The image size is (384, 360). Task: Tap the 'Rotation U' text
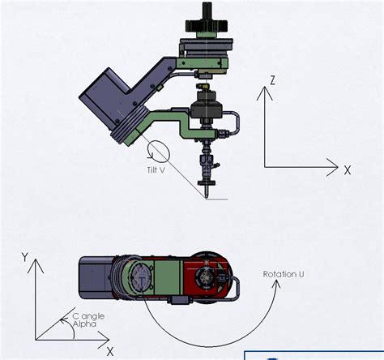[x=284, y=274]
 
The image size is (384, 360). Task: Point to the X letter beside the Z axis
[x=347, y=170]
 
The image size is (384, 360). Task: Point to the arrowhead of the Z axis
[x=265, y=91]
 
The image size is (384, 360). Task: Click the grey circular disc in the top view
[x=139, y=277]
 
